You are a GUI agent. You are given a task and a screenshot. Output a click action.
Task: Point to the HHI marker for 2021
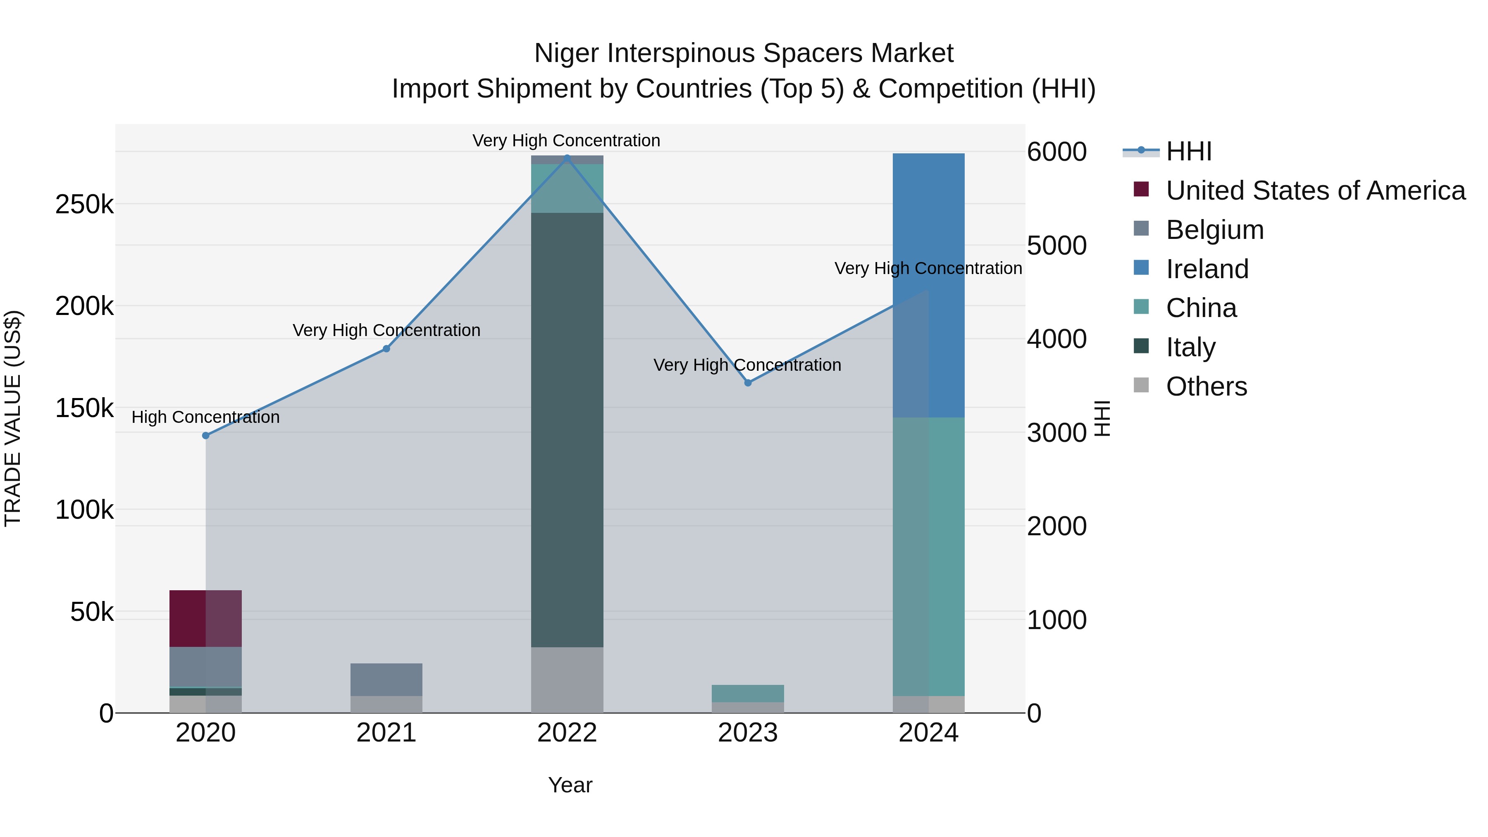click(386, 349)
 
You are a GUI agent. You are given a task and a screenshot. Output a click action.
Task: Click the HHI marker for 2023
click(747, 382)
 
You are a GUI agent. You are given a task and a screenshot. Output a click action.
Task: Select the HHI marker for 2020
click(206, 436)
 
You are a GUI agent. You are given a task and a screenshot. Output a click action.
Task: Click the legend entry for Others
click(1206, 386)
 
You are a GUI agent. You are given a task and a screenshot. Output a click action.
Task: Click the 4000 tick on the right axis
click(1056, 339)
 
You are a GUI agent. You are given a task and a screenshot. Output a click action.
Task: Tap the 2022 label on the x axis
click(567, 733)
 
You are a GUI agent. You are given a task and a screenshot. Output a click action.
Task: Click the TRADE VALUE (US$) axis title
click(13, 418)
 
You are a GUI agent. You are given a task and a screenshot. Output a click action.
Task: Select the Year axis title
click(570, 785)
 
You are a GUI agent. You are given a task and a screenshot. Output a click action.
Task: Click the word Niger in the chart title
click(566, 53)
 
